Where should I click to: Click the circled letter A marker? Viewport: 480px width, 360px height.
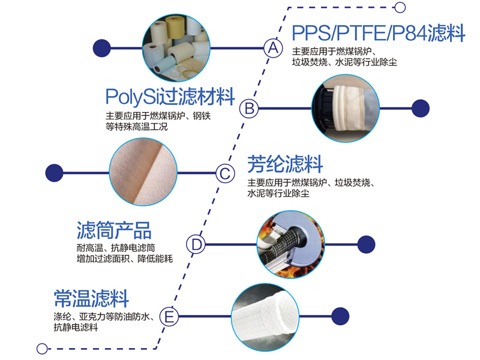click(273, 47)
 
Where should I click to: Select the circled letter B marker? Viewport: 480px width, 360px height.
click(248, 109)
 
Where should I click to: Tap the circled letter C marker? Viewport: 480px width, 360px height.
click(224, 173)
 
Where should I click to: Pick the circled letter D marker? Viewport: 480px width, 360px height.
click(196, 244)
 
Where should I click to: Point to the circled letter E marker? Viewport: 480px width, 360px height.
click(170, 316)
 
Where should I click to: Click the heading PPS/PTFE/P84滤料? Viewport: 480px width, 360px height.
click(378, 33)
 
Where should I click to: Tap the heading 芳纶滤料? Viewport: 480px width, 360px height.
click(285, 163)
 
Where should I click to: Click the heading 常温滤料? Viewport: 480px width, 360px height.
click(91, 298)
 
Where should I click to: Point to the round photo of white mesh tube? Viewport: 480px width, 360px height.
click(265, 316)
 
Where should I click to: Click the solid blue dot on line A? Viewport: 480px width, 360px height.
click(103, 47)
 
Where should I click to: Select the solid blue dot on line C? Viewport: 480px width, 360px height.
click(55, 173)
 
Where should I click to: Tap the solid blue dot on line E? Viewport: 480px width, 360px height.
click(340, 316)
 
